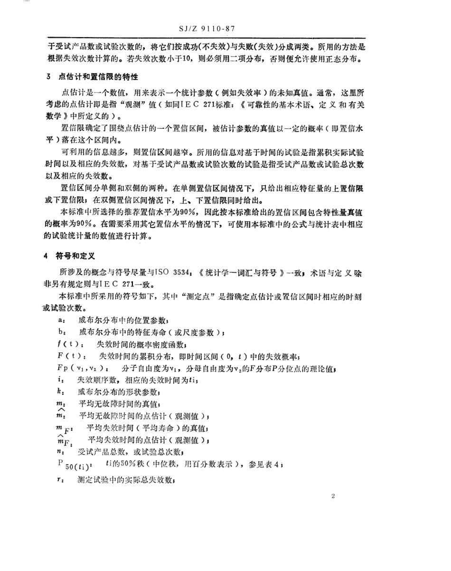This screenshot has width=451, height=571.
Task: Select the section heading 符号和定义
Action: (x=76, y=256)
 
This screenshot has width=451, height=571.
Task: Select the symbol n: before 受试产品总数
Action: (x=59, y=450)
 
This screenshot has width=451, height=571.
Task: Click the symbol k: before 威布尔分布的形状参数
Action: (x=58, y=392)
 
